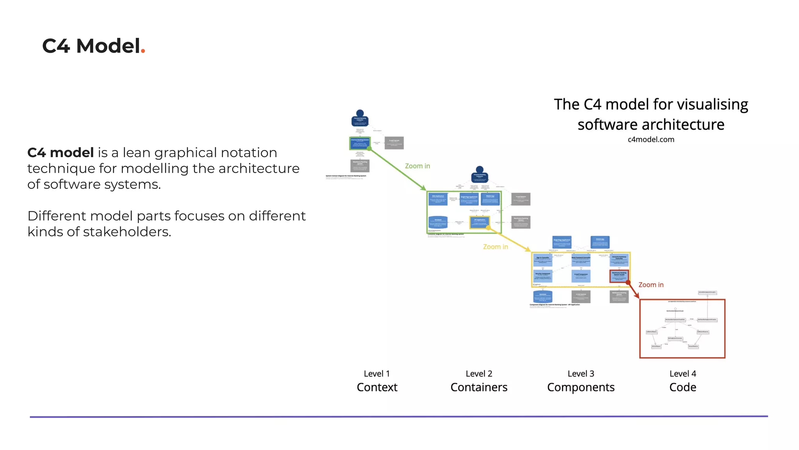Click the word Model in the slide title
(x=108, y=46)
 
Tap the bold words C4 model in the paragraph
(x=60, y=153)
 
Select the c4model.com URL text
(x=651, y=139)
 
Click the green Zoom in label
(x=417, y=166)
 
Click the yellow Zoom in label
(x=495, y=247)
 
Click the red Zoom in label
(x=651, y=285)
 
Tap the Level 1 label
(x=376, y=374)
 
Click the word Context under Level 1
(x=377, y=387)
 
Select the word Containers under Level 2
(x=479, y=387)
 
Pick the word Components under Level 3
(x=581, y=387)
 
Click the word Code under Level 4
(x=683, y=387)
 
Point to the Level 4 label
(x=683, y=374)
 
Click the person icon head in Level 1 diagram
(x=360, y=113)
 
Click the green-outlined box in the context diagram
(x=359, y=143)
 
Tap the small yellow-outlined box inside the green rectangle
(x=479, y=222)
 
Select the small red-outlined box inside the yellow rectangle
(x=619, y=276)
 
